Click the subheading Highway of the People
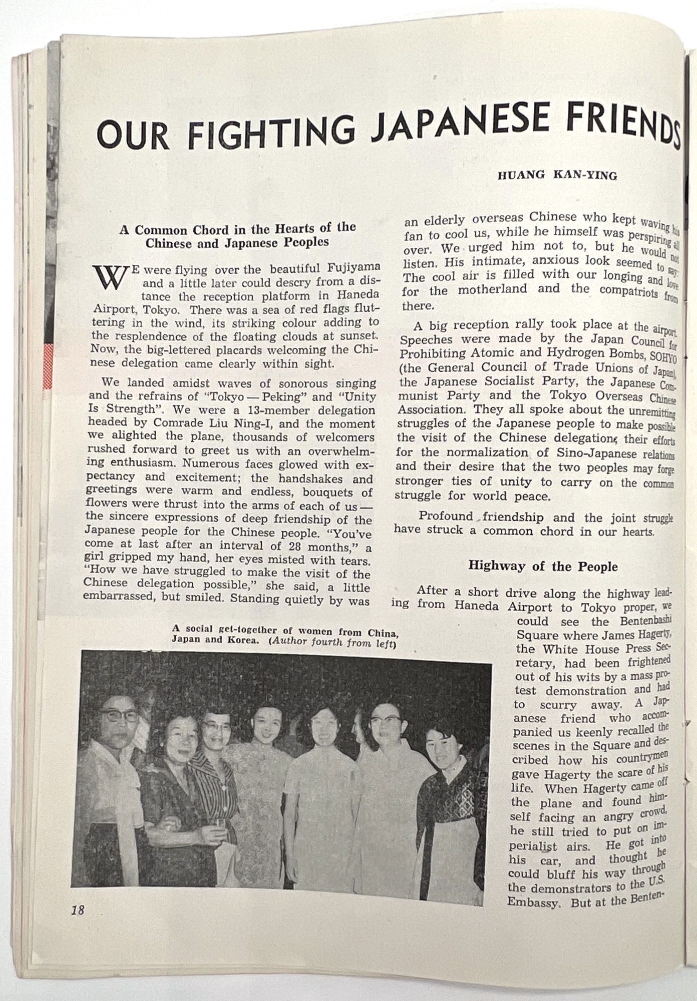coord(542,567)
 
